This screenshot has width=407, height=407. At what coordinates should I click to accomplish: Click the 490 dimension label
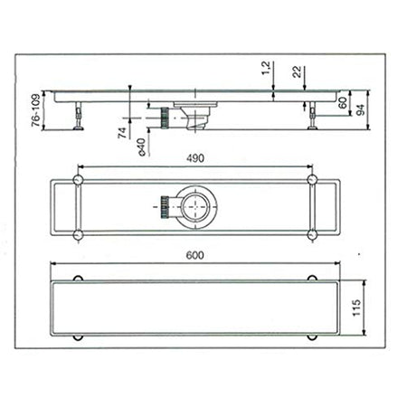194,158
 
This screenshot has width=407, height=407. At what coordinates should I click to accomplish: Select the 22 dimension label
296,71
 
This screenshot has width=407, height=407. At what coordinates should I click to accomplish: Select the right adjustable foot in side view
313,116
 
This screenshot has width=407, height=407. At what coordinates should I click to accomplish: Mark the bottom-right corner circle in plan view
312,236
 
